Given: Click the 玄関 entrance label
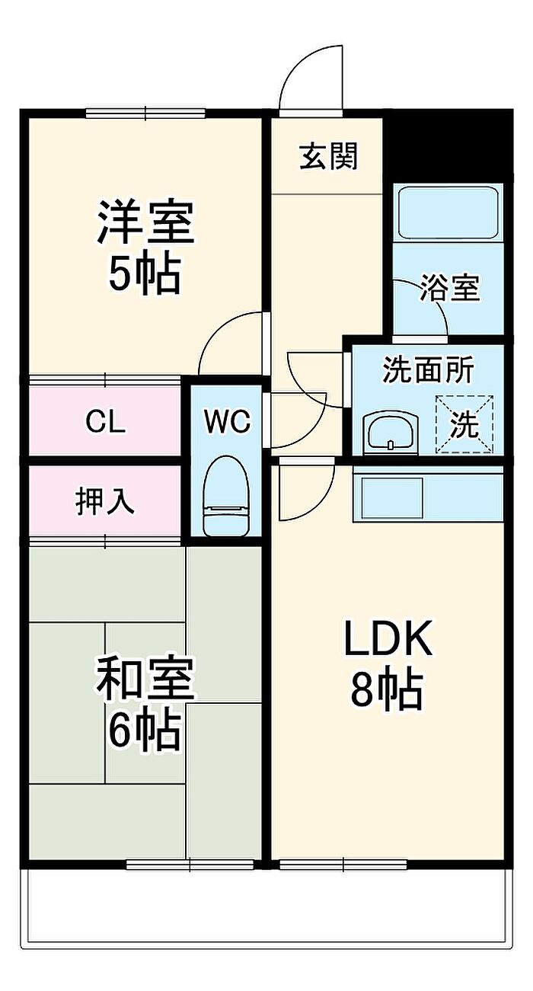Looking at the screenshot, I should click(327, 156).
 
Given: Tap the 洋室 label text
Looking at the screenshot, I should click(145, 221).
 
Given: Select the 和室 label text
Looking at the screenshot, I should click(145, 679).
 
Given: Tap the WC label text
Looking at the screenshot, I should click(226, 421).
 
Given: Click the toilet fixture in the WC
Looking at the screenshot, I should click(225, 495).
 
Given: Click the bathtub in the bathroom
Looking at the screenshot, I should click(448, 213).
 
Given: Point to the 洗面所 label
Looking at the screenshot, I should click(428, 370).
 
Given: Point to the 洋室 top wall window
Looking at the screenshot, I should click(145, 113).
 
